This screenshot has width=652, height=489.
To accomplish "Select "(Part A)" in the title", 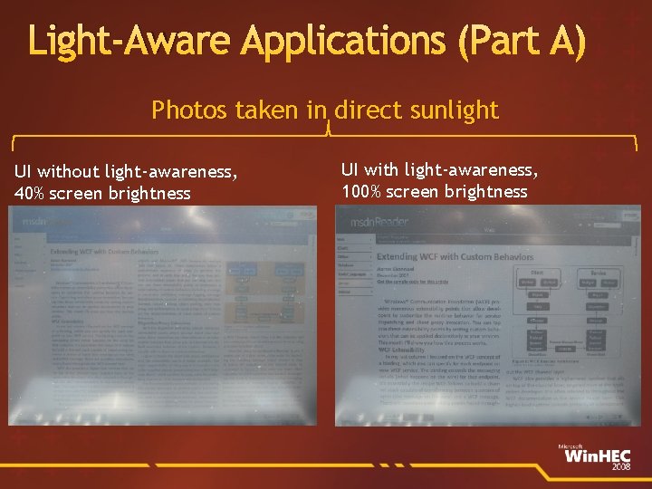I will (x=521, y=41).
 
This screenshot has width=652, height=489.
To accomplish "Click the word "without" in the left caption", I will (x=71, y=171).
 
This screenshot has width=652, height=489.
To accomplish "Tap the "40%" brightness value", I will (x=31, y=193).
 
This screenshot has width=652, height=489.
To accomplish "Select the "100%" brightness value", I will (x=362, y=191).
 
